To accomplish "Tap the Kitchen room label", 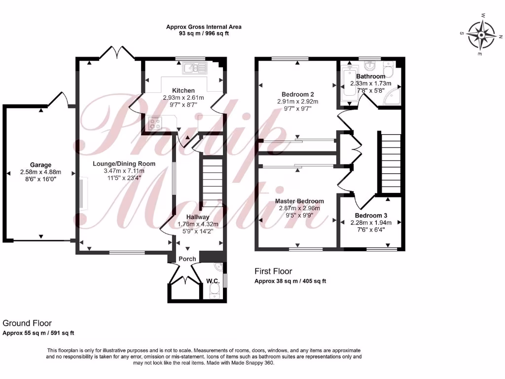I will pyautogui.click(x=183, y=91).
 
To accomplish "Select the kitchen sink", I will pyautogui.click(x=195, y=68).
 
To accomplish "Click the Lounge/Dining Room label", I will pyautogui.click(x=124, y=164).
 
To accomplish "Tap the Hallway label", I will pyautogui.click(x=198, y=217).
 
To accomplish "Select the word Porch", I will pyautogui.click(x=187, y=259).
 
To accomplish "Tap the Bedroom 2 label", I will pyautogui.click(x=298, y=94).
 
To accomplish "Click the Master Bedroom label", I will pyautogui.click(x=299, y=201).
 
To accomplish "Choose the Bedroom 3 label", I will pyautogui.click(x=371, y=216).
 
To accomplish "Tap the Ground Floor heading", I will pyautogui.click(x=27, y=324).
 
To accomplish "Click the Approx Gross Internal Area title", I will pyautogui.click(x=204, y=27).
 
